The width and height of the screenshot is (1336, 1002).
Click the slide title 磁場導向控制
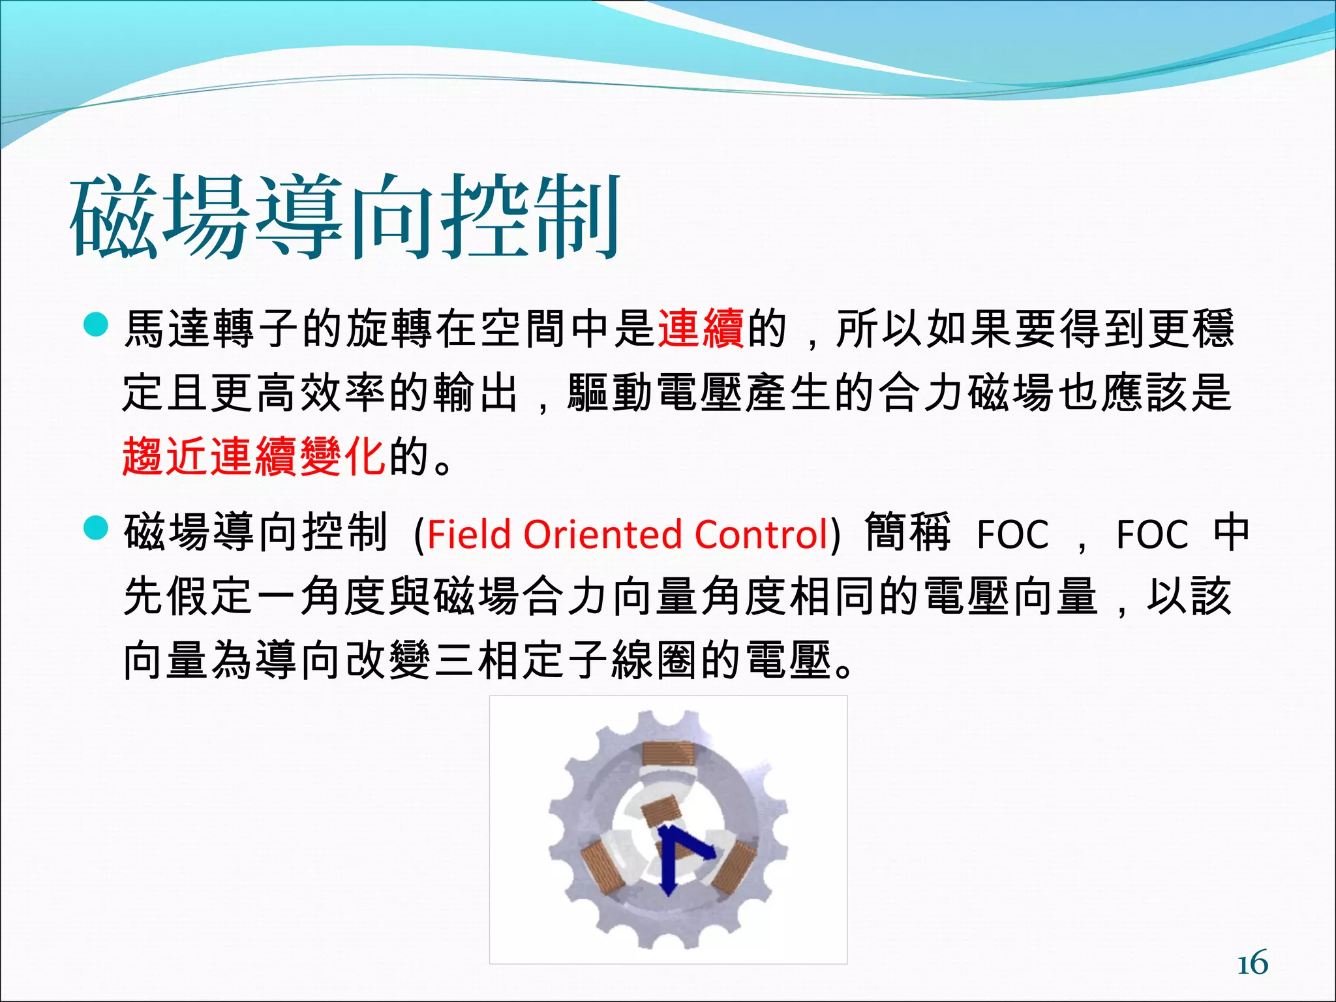344,217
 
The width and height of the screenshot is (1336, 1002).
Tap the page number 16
1252,964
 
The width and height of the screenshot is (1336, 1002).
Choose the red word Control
761,534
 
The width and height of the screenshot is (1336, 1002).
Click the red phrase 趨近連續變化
254,456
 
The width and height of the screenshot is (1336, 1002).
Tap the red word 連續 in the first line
701,328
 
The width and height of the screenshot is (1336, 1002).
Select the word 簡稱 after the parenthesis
907,533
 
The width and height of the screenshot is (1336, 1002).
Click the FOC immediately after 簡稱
1012,534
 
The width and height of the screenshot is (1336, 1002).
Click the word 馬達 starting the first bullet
167,328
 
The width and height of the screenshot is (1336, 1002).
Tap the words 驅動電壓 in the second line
656,393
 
